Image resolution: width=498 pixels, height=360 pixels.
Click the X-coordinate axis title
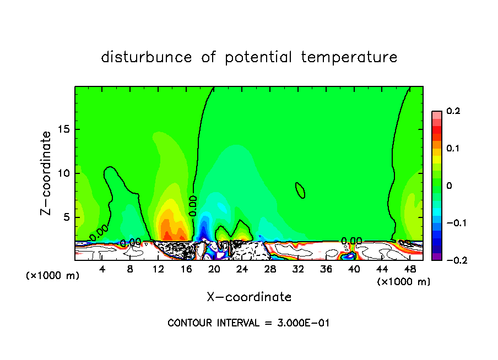point(249,297)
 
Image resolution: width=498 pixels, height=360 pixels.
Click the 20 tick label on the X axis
point(214,269)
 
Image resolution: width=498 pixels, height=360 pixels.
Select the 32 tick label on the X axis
point(298,269)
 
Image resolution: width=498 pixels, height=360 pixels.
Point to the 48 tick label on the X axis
point(410,269)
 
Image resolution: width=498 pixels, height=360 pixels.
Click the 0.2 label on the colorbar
point(453,111)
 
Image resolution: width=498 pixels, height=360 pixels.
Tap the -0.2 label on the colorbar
point(453,260)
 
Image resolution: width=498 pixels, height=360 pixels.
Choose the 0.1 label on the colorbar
point(453,149)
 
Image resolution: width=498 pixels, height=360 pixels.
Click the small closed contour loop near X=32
point(300,190)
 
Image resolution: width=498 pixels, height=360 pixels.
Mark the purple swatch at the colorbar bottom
point(437,257)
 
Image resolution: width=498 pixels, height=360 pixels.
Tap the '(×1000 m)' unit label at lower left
point(52,276)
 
